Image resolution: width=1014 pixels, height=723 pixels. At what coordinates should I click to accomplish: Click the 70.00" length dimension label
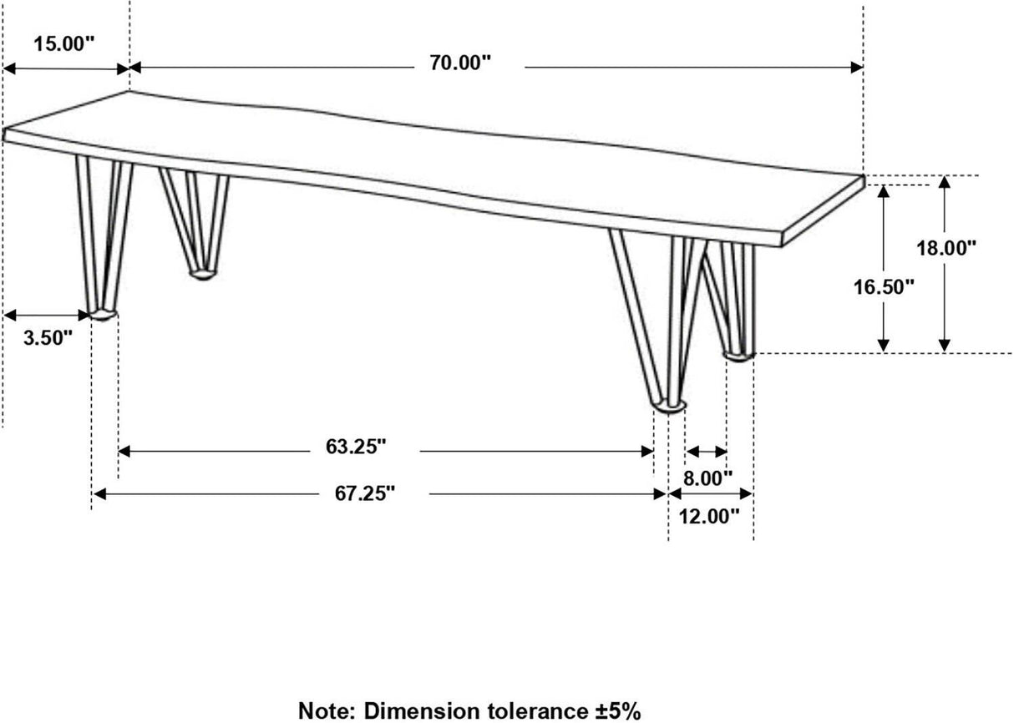coord(461,64)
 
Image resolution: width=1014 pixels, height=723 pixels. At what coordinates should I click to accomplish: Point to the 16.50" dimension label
coord(885,286)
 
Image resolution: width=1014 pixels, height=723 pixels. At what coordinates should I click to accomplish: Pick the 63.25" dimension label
coord(356,447)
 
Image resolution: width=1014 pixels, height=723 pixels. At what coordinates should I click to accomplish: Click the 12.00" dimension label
coord(709,516)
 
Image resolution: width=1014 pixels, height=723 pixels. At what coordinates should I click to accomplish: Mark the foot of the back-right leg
coord(738,355)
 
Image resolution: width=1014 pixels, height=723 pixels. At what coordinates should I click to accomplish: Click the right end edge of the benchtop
coord(822,211)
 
